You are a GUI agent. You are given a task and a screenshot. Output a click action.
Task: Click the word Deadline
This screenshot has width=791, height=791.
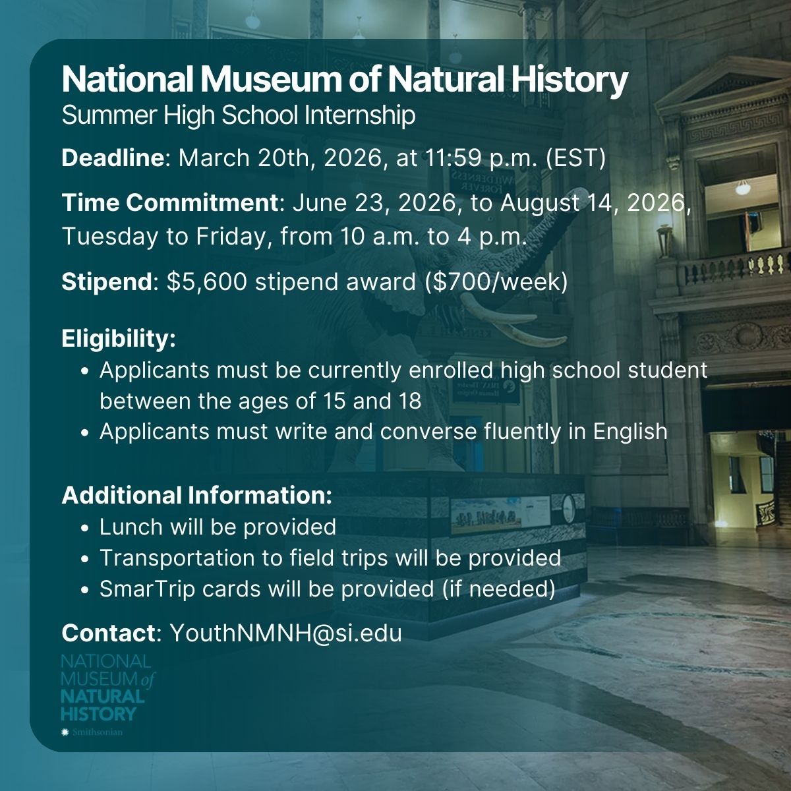(111, 159)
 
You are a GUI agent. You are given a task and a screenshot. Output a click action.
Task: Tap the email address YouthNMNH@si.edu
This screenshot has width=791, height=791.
(285, 633)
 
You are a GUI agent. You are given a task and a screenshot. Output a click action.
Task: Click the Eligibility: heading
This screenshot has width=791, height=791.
(119, 339)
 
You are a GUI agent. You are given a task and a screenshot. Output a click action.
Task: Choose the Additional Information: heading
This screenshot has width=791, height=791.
(197, 496)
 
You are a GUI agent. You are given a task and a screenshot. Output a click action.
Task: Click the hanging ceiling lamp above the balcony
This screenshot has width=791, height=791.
(743, 188)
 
